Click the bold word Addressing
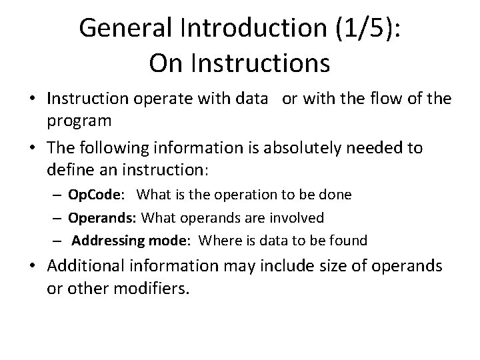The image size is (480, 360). pyautogui.click(x=105, y=240)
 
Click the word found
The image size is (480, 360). pyautogui.click(x=349, y=240)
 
